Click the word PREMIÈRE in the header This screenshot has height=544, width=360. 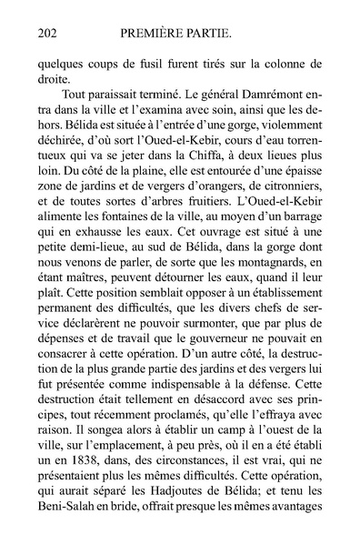pos(155,35)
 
